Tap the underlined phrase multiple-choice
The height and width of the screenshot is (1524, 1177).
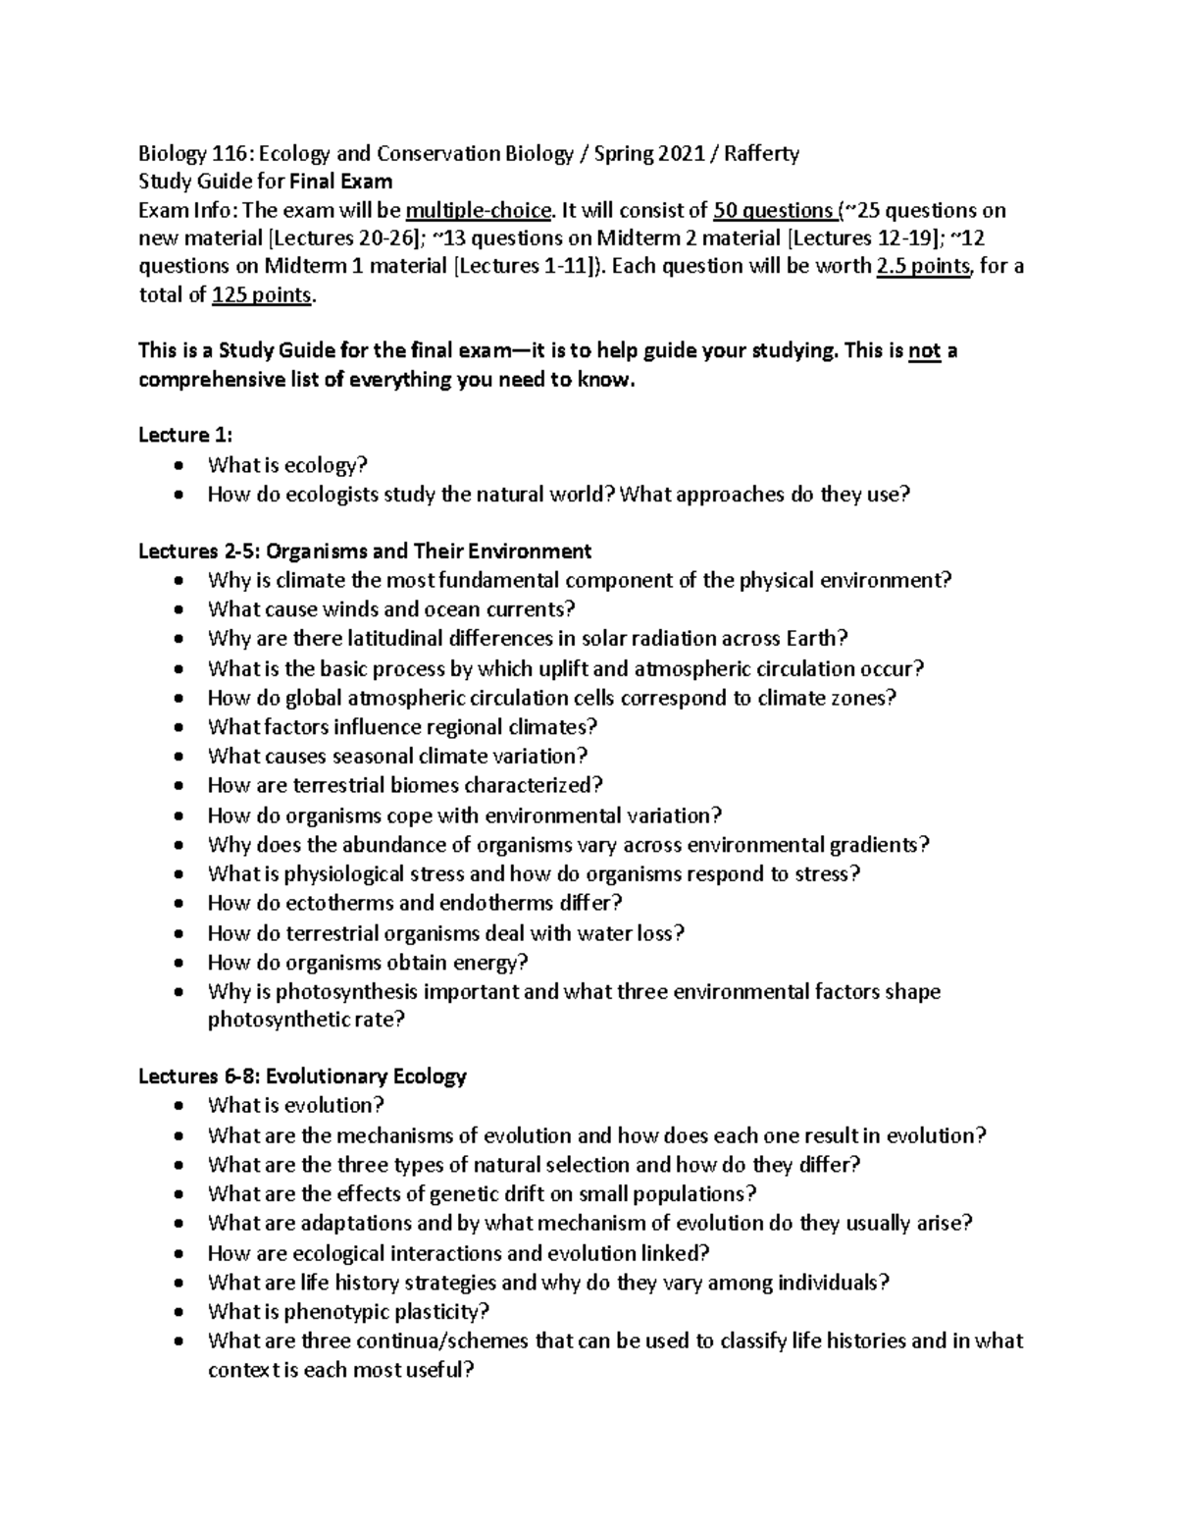point(479,210)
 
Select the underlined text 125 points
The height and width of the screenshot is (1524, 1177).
point(262,295)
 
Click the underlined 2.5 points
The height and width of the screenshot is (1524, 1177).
point(922,267)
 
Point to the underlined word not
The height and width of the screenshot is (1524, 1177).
point(925,351)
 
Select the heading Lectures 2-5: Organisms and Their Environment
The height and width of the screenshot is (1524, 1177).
point(365,551)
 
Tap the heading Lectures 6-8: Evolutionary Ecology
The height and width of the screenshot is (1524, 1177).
point(302,1077)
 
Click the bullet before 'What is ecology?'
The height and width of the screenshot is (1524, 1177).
point(177,465)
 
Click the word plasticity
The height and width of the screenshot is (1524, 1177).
point(441,1312)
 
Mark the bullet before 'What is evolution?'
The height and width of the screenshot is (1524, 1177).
point(177,1106)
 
